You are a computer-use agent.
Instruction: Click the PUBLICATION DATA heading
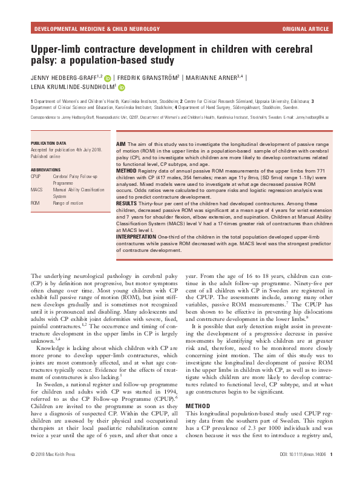point(48,144)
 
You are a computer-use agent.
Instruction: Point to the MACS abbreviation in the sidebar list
point(37,190)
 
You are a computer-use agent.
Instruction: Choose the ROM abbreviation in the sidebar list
point(36,203)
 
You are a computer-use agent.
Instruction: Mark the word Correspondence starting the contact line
point(42,116)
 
